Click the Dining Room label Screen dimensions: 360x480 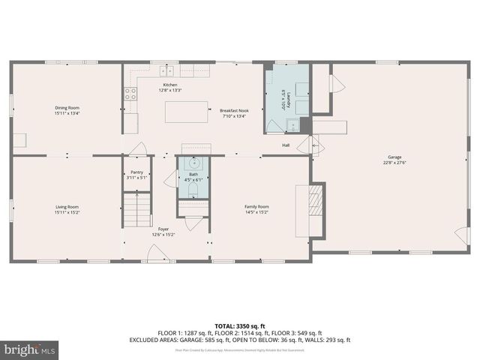(67, 108)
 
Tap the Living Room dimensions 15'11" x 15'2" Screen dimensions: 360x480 (67, 212)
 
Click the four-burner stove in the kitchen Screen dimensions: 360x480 (130, 94)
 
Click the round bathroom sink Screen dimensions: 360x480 (193, 163)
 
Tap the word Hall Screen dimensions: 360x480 (286, 145)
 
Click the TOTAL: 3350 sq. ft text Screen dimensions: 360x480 (239, 325)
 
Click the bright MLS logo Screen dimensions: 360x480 (30, 349)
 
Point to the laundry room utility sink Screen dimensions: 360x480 (303, 125)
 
